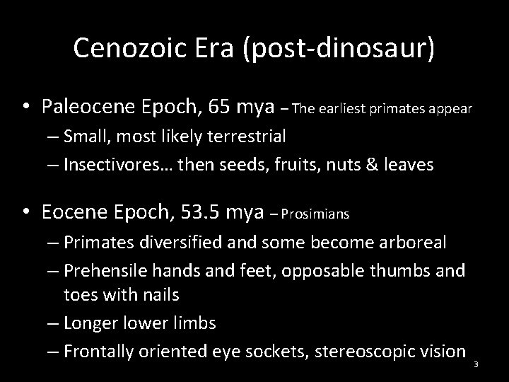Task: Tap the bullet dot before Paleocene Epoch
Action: click(25, 108)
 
